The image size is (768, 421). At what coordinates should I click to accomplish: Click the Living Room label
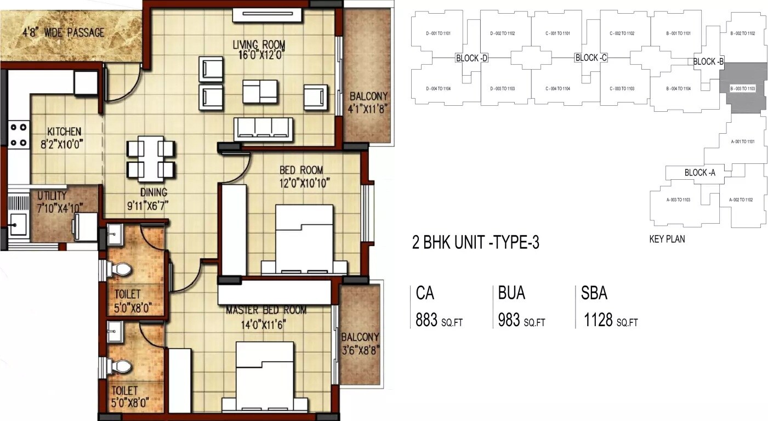259,44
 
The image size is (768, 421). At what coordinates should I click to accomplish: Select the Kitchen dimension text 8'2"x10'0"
64,144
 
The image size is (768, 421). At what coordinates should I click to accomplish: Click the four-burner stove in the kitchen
18,135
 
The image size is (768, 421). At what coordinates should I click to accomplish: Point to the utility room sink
19,223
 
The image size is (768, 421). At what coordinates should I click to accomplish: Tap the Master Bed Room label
266,310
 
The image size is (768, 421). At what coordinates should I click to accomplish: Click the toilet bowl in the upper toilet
120,269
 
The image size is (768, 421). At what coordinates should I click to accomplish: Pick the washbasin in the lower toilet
116,331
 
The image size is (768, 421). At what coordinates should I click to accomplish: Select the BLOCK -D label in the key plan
471,58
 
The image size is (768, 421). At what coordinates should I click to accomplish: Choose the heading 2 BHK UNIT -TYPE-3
475,242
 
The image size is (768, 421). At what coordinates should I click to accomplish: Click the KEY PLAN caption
667,239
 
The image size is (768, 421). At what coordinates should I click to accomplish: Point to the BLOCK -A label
699,173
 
